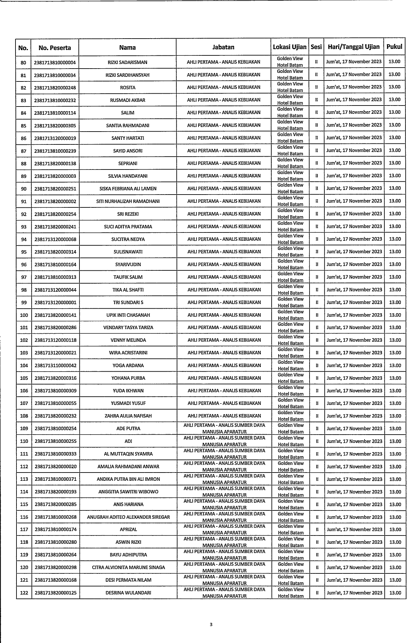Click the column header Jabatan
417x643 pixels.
point(223,47)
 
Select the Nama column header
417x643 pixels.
point(127,47)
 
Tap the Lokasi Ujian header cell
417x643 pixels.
point(289,47)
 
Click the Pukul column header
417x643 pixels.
point(394,47)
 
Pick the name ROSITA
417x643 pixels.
point(128,88)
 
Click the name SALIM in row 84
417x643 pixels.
point(128,113)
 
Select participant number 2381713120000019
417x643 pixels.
point(55,138)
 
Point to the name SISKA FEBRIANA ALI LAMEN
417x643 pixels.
point(128,189)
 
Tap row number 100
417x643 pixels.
point(24,315)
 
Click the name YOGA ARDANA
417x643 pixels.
point(128,365)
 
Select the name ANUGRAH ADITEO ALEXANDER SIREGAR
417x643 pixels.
point(128,517)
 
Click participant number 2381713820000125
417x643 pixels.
point(55,593)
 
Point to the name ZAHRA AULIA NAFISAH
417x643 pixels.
point(128,416)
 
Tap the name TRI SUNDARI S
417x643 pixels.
point(128,302)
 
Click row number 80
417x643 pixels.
point(23,62)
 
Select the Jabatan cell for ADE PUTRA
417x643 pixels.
point(224,428)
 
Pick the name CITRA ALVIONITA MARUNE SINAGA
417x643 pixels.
point(128,567)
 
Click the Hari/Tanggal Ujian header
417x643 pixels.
point(353,47)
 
